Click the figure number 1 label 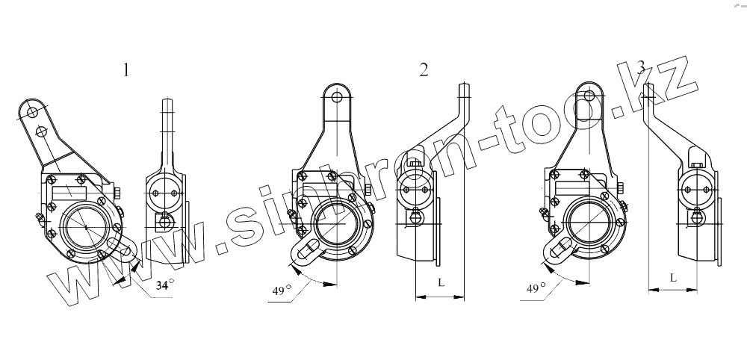pos(125,70)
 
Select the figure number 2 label pos(424,70)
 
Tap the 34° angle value pos(165,285)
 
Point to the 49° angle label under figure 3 pos(536,288)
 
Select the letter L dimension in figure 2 pos(441,282)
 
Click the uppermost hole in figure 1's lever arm pos(32,112)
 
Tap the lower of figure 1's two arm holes pos(41,130)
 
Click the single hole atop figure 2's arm pos(337,98)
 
